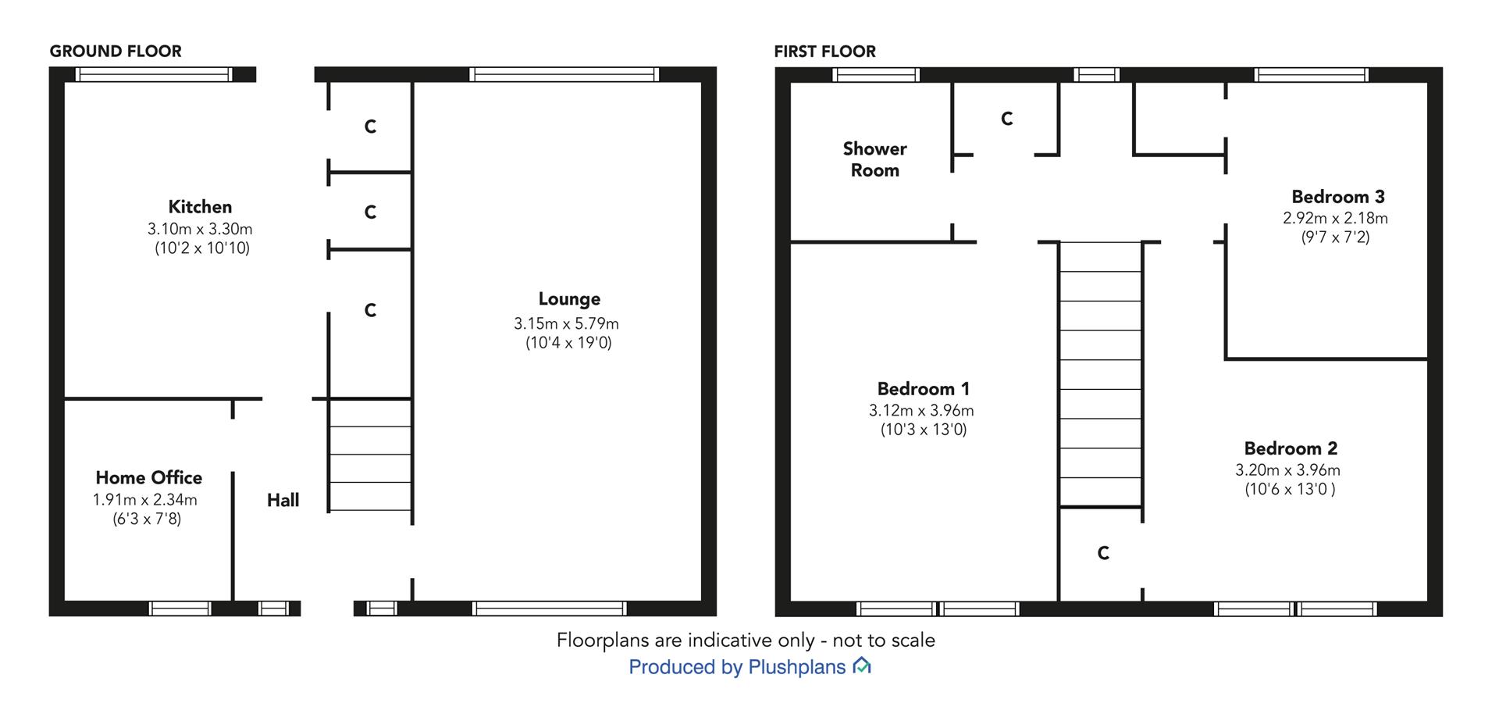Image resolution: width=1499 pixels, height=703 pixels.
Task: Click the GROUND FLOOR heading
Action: pyautogui.click(x=116, y=52)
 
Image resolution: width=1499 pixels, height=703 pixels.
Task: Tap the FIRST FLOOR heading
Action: pyautogui.click(x=825, y=52)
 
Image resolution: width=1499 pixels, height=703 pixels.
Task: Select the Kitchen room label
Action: pyautogui.click(x=200, y=207)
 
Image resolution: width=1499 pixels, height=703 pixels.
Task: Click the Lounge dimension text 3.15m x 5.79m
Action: pyautogui.click(x=566, y=323)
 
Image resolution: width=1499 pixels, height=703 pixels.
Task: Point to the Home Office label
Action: pyautogui.click(x=149, y=477)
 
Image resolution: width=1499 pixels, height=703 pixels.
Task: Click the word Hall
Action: pyautogui.click(x=283, y=500)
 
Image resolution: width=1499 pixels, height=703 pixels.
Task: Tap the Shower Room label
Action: pyautogui.click(x=874, y=159)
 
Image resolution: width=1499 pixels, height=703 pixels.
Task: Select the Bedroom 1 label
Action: pyautogui.click(x=924, y=389)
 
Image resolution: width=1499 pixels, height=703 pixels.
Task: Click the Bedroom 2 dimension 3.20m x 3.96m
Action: pyautogui.click(x=1288, y=470)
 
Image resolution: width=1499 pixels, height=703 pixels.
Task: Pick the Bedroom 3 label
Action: pyautogui.click(x=1338, y=197)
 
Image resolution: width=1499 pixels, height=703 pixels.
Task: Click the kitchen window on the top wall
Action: pyautogui.click(x=154, y=74)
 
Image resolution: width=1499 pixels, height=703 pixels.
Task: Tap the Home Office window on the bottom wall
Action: pyautogui.click(x=180, y=608)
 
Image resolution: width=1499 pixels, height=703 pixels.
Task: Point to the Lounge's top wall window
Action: pyautogui.click(x=564, y=74)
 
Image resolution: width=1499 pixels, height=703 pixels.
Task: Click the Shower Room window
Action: pyautogui.click(x=876, y=75)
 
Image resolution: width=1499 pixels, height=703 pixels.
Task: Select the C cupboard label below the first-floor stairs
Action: pyautogui.click(x=1103, y=553)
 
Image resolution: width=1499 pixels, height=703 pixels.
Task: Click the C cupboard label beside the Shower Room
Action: pyautogui.click(x=1007, y=119)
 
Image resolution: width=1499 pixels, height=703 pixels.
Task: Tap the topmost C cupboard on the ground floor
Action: pyautogui.click(x=371, y=127)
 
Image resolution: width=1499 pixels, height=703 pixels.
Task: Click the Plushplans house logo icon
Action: pyautogui.click(x=861, y=666)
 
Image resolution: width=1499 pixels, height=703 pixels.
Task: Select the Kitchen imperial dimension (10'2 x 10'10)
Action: pyautogui.click(x=202, y=248)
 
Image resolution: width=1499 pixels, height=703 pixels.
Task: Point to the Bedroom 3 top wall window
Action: pyautogui.click(x=1312, y=75)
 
